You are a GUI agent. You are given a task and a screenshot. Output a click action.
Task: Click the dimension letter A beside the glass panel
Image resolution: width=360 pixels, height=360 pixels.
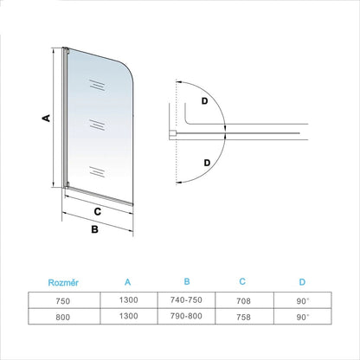[x=46, y=118]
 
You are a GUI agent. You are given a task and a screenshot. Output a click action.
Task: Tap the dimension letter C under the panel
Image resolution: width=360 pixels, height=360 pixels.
[x=98, y=211]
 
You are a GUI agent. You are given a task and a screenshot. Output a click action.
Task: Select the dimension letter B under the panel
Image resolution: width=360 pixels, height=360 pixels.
[x=94, y=229]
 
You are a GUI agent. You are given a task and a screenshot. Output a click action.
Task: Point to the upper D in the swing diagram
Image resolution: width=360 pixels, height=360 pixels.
[x=204, y=101]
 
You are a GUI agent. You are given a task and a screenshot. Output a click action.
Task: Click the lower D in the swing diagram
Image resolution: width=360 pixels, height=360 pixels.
[x=207, y=163]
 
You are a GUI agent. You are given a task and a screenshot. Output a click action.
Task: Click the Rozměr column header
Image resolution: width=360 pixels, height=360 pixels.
[x=63, y=282]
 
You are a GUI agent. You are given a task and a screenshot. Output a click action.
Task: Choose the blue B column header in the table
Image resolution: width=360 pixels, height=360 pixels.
[x=187, y=281]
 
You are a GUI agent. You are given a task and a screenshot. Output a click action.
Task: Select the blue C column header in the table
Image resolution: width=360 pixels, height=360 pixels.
[x=242, y=281]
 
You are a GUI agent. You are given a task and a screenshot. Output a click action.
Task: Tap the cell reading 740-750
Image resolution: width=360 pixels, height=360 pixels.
[x=186, y=300]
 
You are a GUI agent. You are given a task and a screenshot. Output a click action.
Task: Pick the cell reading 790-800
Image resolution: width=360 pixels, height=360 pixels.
[x=186, y=316]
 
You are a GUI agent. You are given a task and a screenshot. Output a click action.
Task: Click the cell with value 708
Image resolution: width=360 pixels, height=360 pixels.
[x=243, y=301]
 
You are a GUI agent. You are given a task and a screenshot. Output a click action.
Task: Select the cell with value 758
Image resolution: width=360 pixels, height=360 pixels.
[x=243, y=317]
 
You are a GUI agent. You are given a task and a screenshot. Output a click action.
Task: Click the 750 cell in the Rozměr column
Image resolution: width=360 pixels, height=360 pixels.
[x=63, y=301]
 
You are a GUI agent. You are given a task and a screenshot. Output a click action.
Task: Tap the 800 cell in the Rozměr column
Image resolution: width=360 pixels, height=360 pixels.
[x=63, y=318]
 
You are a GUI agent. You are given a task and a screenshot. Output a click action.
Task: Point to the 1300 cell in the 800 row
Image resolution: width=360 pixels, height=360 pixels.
[x=129, y=316]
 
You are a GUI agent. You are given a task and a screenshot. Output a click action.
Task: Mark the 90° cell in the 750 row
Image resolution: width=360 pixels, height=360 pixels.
[x=303, y=301]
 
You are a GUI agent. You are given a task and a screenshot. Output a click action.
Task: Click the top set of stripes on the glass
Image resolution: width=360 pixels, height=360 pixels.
[x=97, y=86]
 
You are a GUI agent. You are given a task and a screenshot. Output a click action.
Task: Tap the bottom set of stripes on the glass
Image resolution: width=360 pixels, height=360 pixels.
[x=97, y=171]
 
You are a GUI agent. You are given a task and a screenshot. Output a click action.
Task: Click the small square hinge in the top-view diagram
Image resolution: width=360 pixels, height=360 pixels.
[x=172, y=133]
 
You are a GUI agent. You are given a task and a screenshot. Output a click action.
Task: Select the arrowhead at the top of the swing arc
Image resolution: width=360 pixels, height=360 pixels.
[x=179, y=82]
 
